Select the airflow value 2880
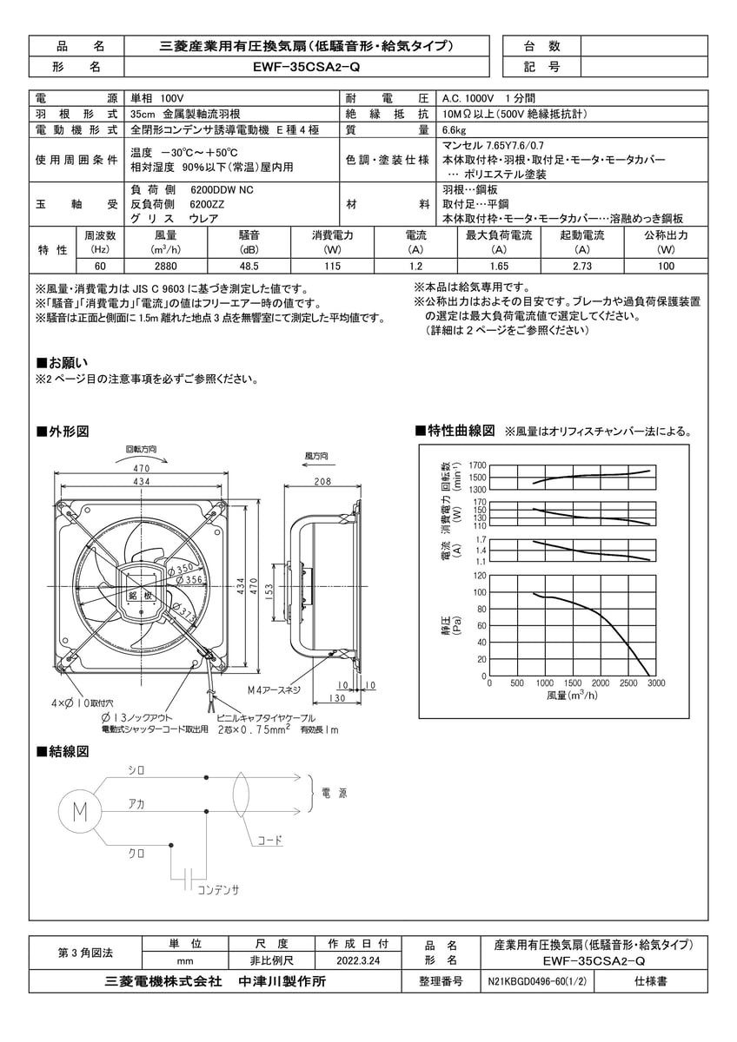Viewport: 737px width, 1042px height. coord(165,267)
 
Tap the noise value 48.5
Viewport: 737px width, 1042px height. coord(249,267)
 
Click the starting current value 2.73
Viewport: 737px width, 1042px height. coord(582,267)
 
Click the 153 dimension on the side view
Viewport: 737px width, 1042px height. coord(270,593)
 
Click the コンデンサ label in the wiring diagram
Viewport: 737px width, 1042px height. coord(217,890)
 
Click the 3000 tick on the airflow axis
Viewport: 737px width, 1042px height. coord(656,683)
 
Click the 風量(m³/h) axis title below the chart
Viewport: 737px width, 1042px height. coord(572,696)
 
